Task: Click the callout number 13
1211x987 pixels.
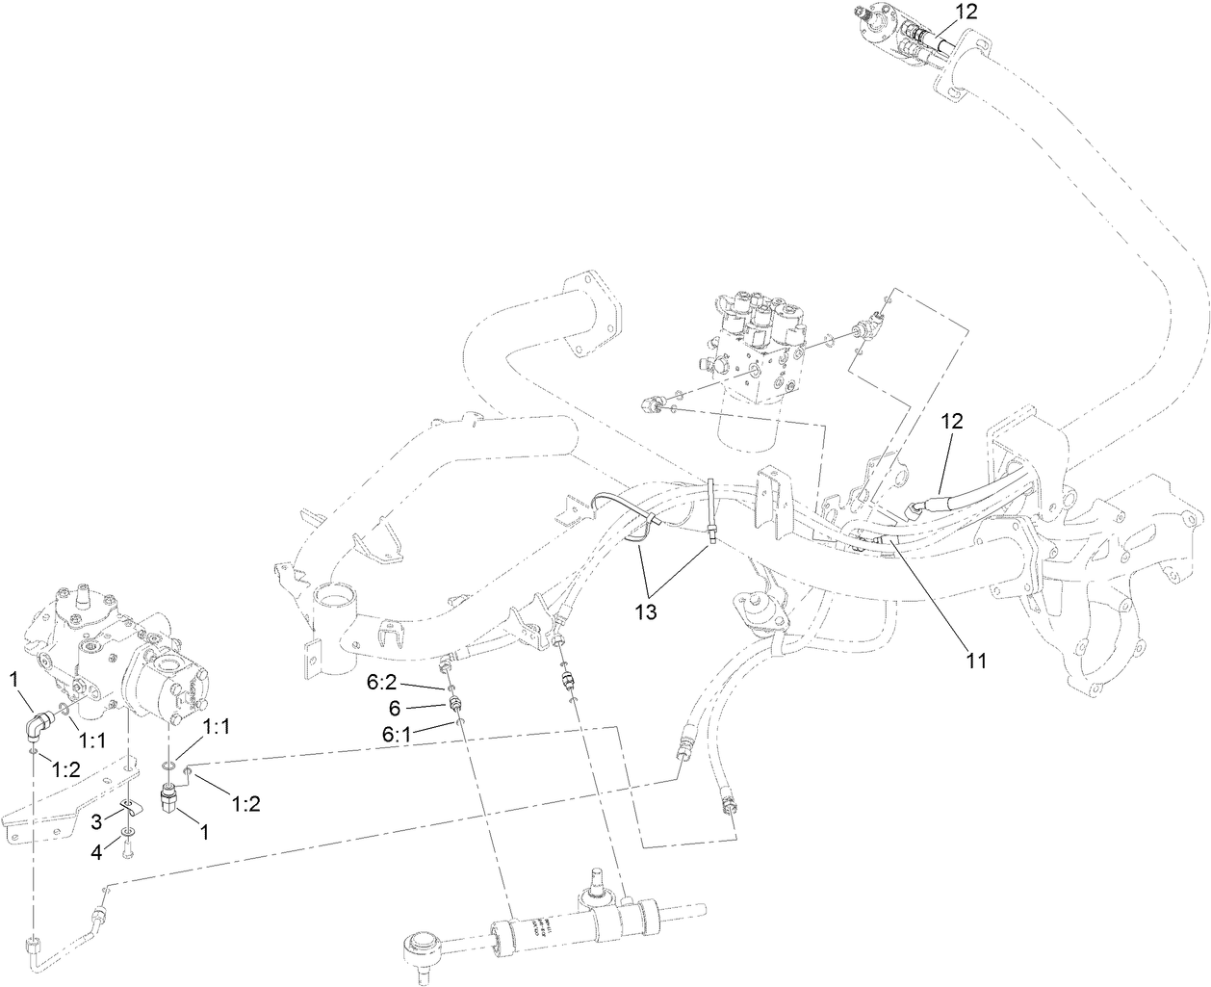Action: pyautogui.click(x=645, y=611)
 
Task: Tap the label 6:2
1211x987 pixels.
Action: pyautogui.click(x=381, y=685)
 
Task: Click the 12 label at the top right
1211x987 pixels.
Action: pyautogui.click(x=966, y=12)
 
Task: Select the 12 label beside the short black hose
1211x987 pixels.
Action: pyautogui.click(x=951, y=421)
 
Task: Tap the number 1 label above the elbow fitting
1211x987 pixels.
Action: pyautogui.click(x=14, y=678)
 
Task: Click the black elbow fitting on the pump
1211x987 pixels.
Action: pyautogui.click(x=41, y=722)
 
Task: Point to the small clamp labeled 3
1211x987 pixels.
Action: pyautogui.click(x=128, y=807)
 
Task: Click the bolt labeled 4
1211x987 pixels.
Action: pyautogui.click(x=129, y=845)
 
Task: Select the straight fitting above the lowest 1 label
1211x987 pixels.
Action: pyautogui.click(x=171, y=799)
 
